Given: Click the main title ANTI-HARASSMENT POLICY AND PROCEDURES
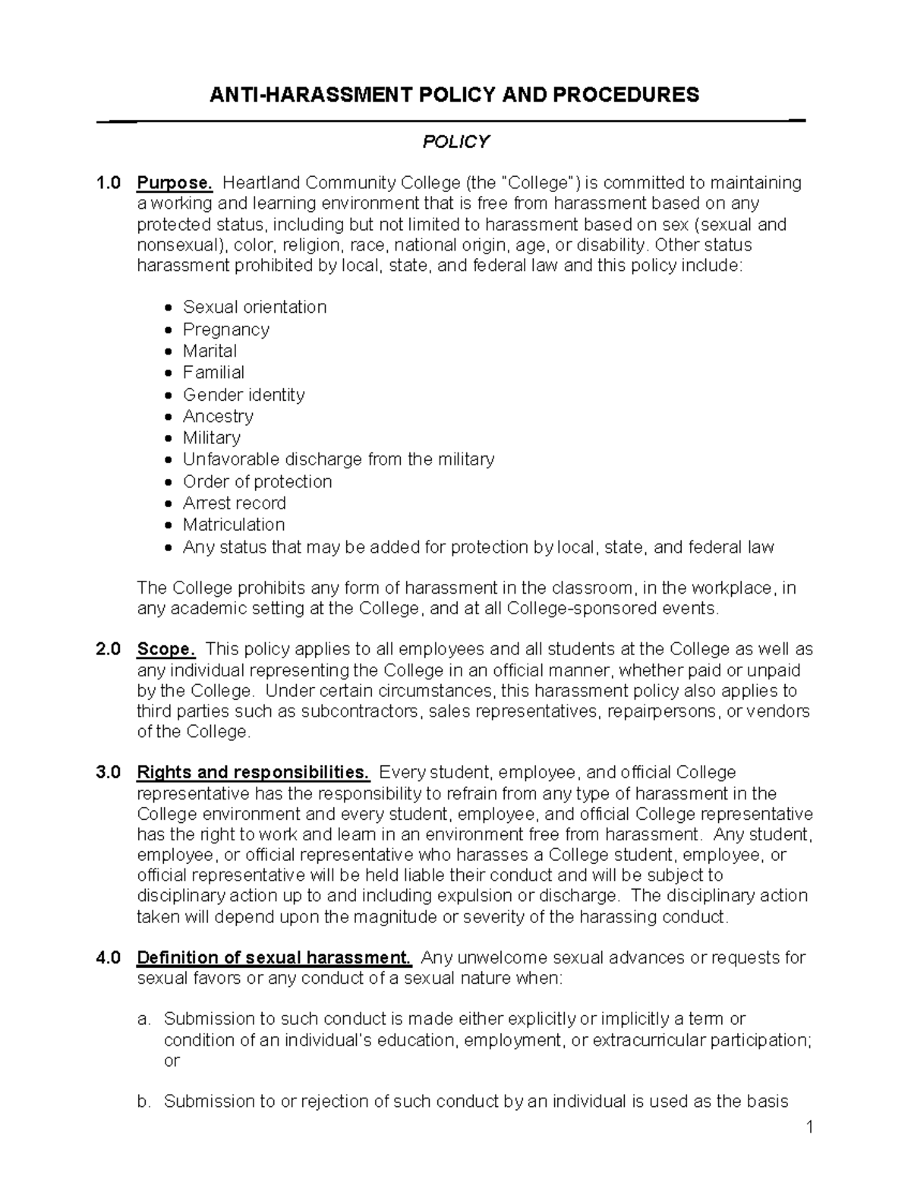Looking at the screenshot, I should [455, 95].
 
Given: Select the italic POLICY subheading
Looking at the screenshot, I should [455, 142].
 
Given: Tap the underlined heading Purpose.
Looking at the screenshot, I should [175, 183].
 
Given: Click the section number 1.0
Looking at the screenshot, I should [108, 183].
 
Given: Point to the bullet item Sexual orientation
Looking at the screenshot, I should [254, 307].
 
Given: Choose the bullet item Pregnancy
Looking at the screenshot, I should [225, 329].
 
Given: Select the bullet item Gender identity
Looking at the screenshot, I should [244, 395].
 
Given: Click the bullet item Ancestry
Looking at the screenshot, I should [218, 416].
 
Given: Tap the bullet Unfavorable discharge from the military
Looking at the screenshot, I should [339, 459].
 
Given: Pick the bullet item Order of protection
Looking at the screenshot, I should [257, 482].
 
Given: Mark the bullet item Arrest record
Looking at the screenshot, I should [234, 503].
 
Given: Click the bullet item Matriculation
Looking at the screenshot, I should [234, 525].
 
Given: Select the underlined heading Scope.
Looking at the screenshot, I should [166, 649].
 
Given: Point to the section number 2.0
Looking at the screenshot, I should [108, 649].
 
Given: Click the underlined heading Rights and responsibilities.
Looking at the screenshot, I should [253, 773].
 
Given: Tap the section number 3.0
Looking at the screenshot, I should [108, 773].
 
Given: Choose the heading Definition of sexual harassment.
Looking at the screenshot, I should [273, 957].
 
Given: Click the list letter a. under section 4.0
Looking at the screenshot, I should [144, 1019].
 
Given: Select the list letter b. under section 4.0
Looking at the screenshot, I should [144, 1102].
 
